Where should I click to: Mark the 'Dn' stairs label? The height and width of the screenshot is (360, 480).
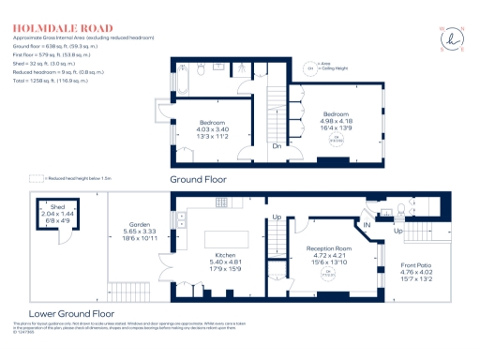277,146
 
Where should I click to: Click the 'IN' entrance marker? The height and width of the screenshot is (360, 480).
367,225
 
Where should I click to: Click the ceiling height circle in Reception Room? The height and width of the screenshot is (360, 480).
329,275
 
